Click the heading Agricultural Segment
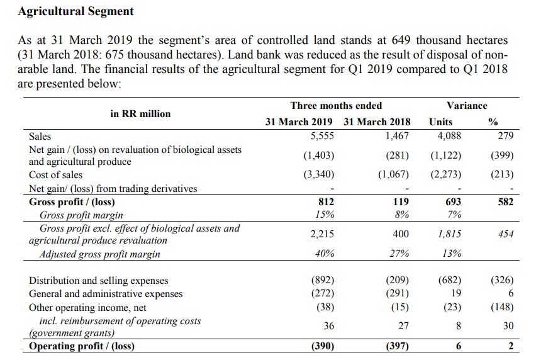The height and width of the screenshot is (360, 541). [x=75, y=11]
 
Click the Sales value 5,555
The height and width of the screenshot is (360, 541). [x=322, y=136]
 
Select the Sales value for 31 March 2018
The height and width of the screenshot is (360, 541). [x=397, y=136]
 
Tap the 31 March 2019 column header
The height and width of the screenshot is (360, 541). [x=298, y=122]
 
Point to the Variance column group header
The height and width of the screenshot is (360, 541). [x=467, y=106]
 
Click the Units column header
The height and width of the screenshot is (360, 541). [x=440, y=122]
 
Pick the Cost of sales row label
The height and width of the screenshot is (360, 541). [x=55, y=175]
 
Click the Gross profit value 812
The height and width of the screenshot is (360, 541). [x=326, y=201]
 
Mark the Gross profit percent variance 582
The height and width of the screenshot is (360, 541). [x=506, y=201]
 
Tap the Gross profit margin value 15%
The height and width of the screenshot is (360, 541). [x=325, y=215]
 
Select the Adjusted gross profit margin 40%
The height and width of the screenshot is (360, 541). [x=325, y=254]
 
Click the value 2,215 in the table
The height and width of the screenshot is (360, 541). [x=322, y=234]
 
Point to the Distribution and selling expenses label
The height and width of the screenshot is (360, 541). [x=98, y=280]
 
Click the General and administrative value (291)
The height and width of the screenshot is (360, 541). [x=397, y=293]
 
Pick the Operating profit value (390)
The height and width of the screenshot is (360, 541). [x=323, y=346]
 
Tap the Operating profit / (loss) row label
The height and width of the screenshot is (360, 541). [x=81, y=346]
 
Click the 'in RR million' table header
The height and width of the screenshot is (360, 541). [x=140, y=114]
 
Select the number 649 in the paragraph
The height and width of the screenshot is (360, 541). [x=401, y=40]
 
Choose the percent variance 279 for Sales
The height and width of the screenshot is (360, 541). [x=506, y=136]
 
